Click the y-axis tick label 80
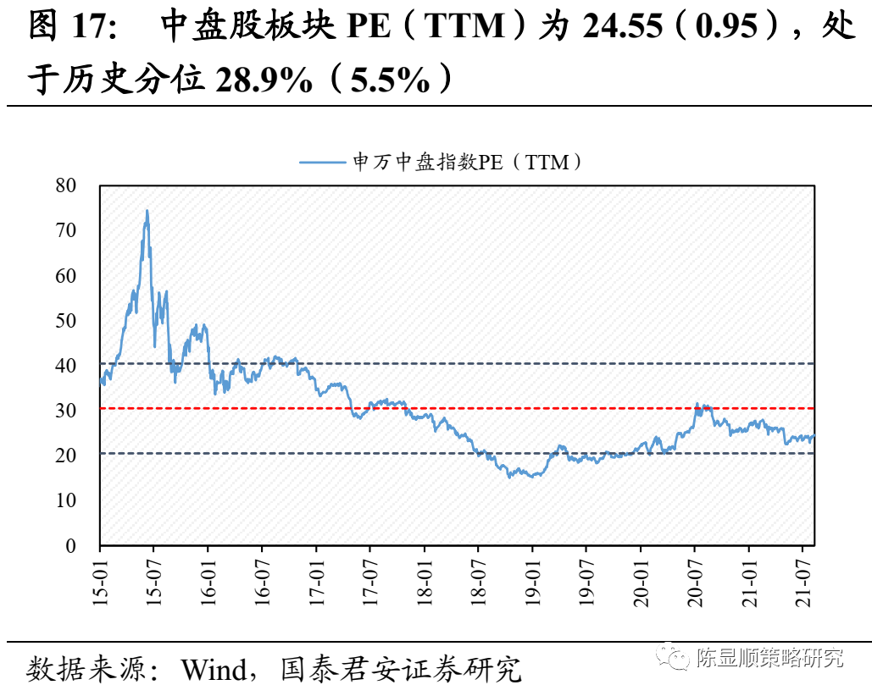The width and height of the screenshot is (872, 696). click(65, 185)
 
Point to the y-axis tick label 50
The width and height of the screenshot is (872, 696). click(65, 321)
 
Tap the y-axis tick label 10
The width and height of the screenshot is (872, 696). click(65, 500)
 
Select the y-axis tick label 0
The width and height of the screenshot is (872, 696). click(71, 546)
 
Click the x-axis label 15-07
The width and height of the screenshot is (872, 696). click(153, 580)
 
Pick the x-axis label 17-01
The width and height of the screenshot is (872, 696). click(316, 580)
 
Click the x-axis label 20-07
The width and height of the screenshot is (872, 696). click(695, 580)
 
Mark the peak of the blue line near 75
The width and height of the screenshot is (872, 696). click(147, 211)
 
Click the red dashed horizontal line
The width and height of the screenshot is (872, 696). click(458, 408)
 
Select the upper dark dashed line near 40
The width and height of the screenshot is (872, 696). click(458, 364)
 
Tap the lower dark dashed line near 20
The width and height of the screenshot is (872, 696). click(458, 453)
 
